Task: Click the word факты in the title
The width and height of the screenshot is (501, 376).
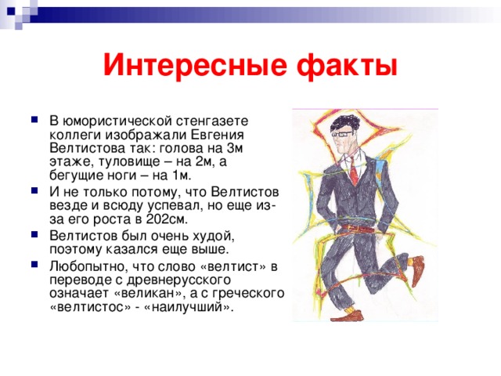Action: [x=348, y=65]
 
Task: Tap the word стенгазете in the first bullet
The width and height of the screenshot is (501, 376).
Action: [x=212, y=121]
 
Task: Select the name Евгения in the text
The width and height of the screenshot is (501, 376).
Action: [x=218, y=135]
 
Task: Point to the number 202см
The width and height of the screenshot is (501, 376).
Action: [x=167, y=219]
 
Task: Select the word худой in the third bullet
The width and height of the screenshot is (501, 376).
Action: [x=214, y=236]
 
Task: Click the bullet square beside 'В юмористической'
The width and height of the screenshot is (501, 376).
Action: [x=34, y=120]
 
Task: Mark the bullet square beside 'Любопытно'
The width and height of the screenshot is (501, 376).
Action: [x=34, y=265]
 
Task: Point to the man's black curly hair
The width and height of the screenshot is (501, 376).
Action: [x=345, y=123]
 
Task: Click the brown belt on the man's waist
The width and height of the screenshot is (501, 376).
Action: [x=357, y=228]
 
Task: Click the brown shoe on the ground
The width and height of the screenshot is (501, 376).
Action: [x=348, y=316]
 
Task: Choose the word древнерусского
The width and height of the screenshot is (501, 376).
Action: [x=178, y=280]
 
